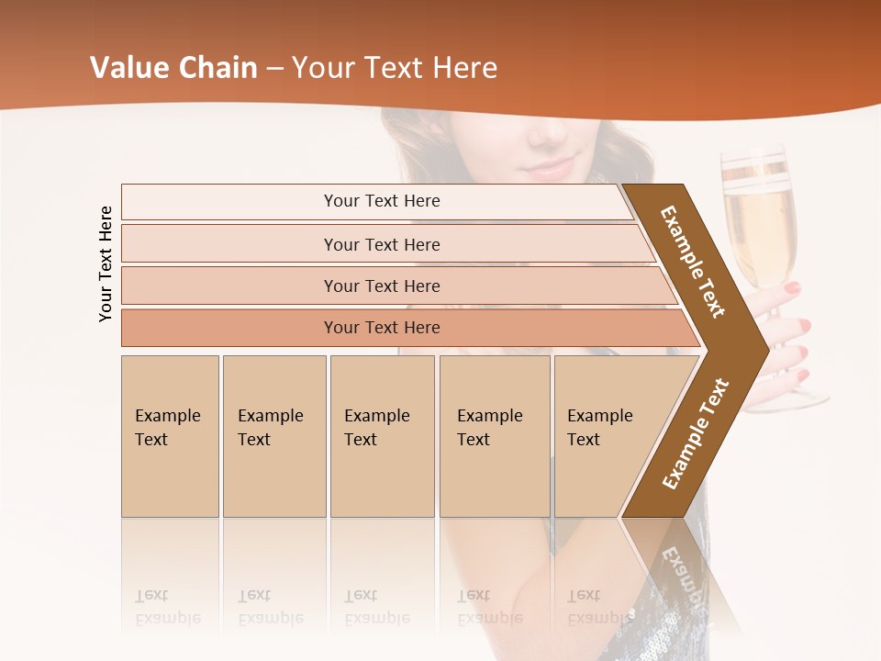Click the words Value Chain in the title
[173, 68]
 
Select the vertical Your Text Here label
[106, 263]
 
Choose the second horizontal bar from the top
[382, 244]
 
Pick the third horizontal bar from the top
[382, 286]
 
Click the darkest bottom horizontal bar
[382, 328]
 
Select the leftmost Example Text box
[170, 435]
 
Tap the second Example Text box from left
[273, 435]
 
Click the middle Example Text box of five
[382, 435]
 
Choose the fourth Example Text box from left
[494, 435]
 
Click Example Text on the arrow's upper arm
[693, 262]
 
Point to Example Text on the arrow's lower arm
[696, 433]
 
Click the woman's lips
[550, 168]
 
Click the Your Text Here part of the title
[395, 68]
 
